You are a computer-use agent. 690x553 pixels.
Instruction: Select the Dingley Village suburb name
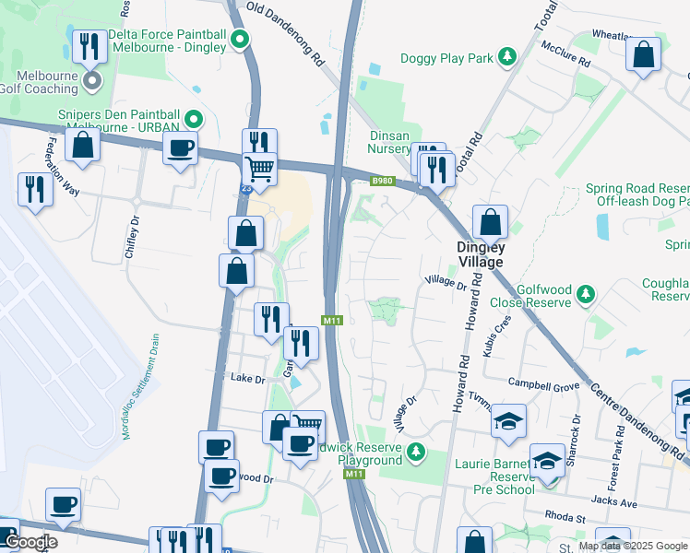[x=482, y=254]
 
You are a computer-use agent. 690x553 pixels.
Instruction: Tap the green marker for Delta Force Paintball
[x=240, y=40]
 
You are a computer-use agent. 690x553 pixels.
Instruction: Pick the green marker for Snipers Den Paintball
[x=194, y=118]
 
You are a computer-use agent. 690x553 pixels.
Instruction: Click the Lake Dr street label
[x=247, y=379]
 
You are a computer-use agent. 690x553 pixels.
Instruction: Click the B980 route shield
[x=383, y=181]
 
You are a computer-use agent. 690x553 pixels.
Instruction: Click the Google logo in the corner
[x=30, y=542]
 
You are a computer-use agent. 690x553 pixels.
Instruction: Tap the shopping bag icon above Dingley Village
[x=490, y=222]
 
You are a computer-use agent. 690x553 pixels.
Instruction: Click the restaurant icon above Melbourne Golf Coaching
[x=89, y=45]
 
